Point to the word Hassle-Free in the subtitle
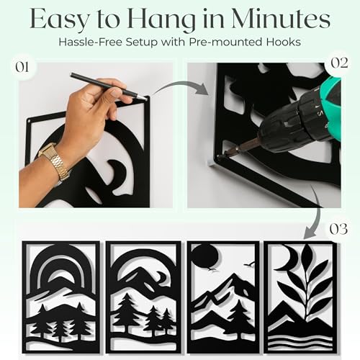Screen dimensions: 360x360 pyautogui.click(x=91, y=42)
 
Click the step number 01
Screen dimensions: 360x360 pyautogui.click(x=22, y=68)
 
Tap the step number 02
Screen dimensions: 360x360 pyautogui.click(x=339, y=63)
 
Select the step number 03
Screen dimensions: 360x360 pyautogui.click(x=338, y=229)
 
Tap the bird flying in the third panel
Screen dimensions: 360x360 pyautogui.click(x=248, y=264)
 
